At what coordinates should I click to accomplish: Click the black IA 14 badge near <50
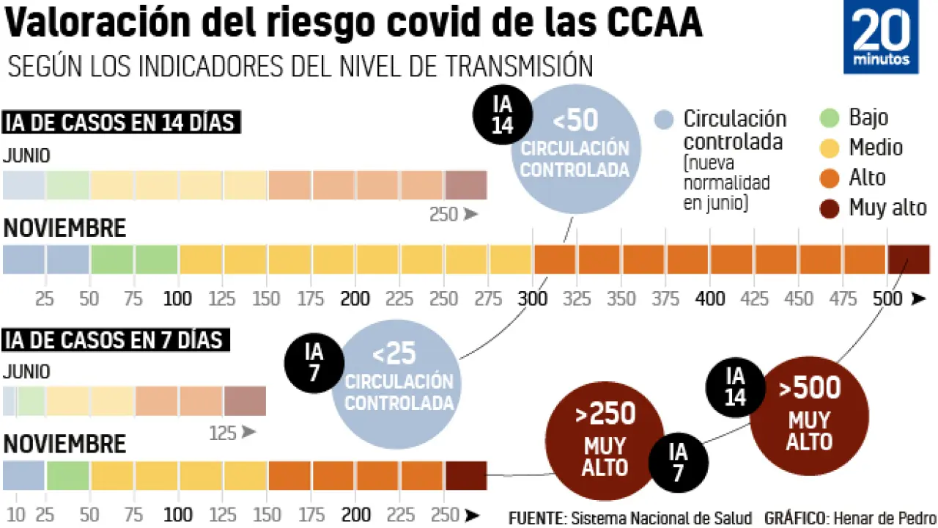pos(503,114)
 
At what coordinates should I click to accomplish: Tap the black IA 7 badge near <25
pos(314,363)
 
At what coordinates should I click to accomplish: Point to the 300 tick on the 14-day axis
pos(533,298)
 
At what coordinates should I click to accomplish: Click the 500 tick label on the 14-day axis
pos(887,298)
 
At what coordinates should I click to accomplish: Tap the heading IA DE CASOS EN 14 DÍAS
pos(120,122)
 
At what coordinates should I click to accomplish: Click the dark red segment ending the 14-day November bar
pos(909,260)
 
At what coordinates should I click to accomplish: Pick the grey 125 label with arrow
pos(232,433)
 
